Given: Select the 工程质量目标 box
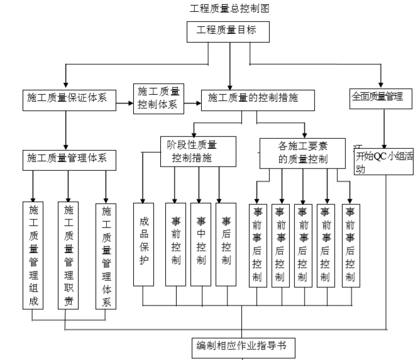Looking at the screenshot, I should click(x=229, y=30).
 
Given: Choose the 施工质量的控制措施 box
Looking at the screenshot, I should click(x=258, y=99).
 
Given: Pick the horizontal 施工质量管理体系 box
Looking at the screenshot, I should click(x=66, y=158).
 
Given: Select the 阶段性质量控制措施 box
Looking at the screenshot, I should click(x=190, y=151).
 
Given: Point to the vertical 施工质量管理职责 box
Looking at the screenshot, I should click(x=69, y=255).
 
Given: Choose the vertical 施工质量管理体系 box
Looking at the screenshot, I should click(x=106, y=255).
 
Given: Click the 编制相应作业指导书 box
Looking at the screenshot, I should click(x=243, y=346).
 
